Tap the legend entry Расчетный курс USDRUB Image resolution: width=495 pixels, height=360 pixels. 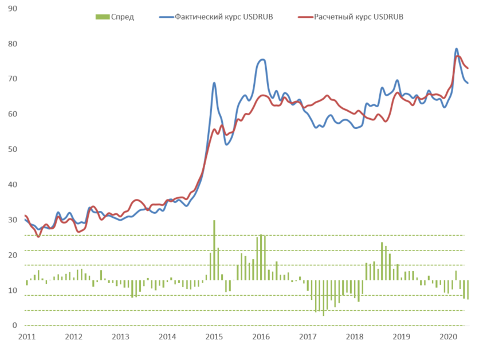(359, 17)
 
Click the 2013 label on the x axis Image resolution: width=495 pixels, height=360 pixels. (120, 336)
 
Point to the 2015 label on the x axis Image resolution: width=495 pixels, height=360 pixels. (214, 336)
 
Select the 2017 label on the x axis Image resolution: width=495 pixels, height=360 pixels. (308, 336)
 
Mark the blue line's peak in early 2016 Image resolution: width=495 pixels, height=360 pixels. (262, 60)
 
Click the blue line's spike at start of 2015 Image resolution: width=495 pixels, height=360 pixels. (214, 83)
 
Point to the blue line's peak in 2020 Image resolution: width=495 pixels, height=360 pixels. (457, 49)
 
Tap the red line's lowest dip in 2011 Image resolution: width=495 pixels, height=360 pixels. (38, 236)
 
